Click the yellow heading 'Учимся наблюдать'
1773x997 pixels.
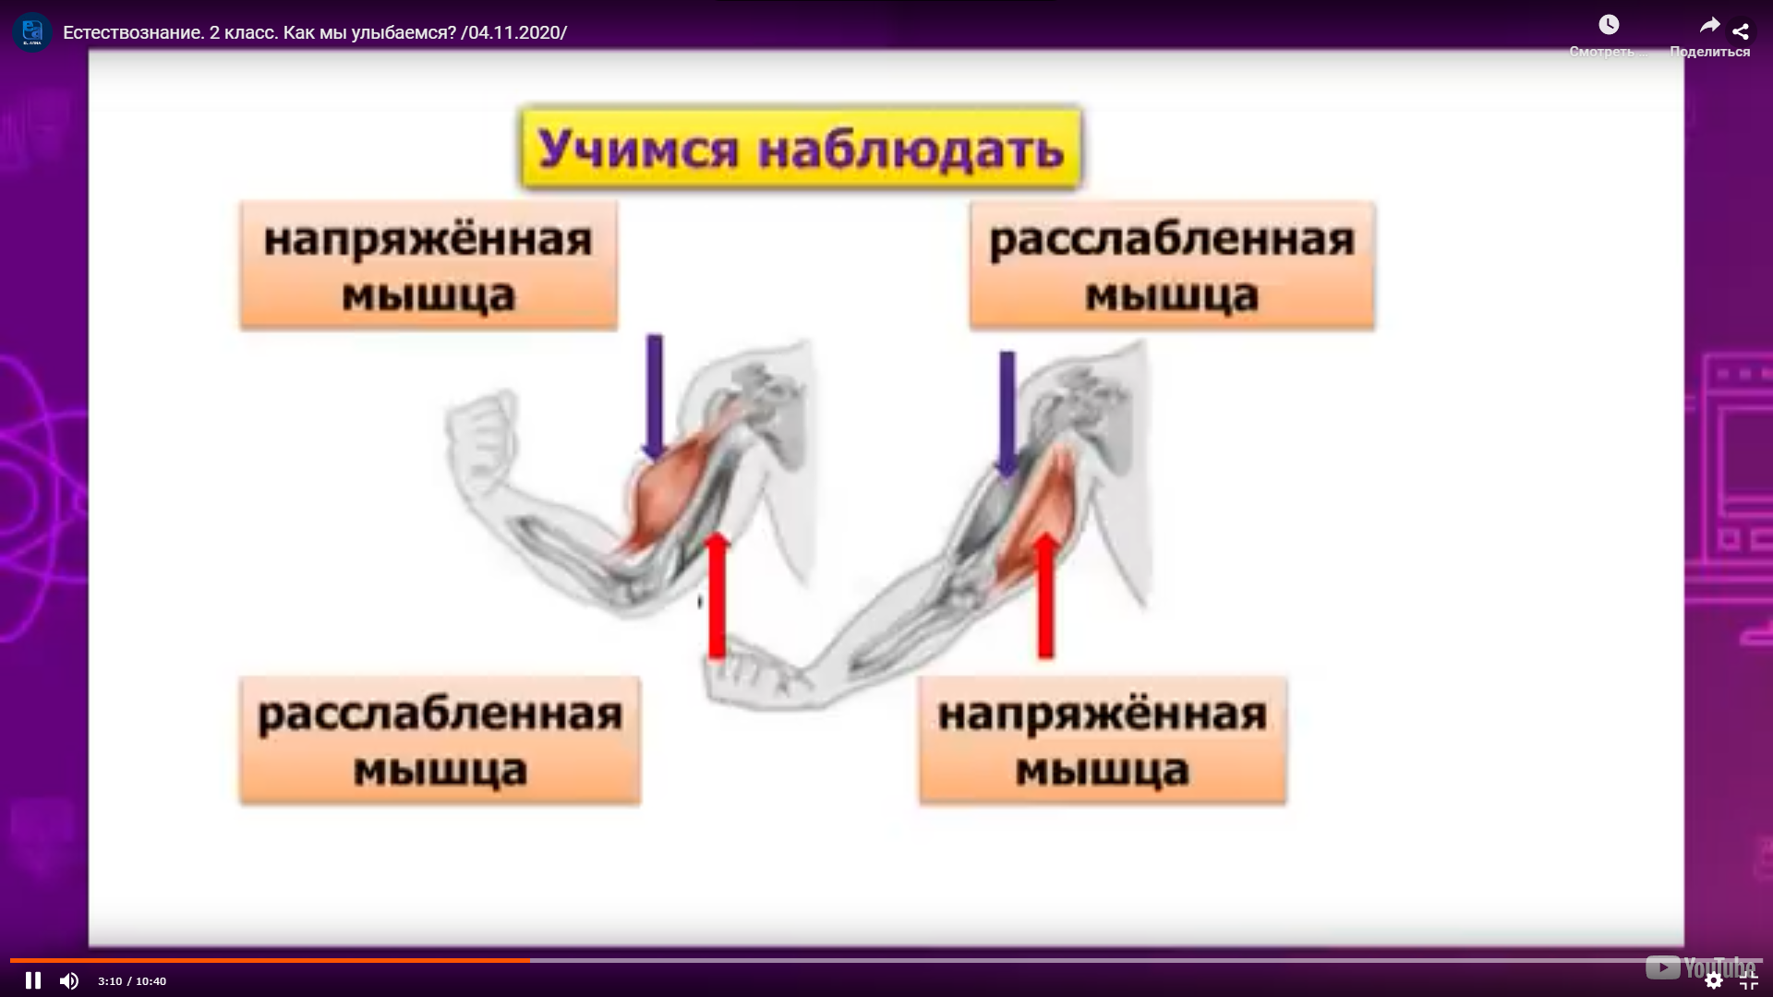801,148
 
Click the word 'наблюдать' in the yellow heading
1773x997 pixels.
911,149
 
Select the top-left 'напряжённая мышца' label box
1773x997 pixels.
428,266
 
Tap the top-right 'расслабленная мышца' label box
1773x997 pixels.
1172,266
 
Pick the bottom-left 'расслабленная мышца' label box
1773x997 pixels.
440,740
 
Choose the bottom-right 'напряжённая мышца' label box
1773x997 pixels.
1103,740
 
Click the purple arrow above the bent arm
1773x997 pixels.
654,397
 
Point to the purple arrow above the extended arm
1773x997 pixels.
1007,414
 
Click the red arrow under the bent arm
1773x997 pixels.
717,595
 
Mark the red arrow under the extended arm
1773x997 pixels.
1045,595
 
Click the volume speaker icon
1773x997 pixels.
69,980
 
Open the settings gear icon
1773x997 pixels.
1714,980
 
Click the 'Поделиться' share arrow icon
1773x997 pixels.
1709,26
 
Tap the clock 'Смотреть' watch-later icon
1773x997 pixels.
1609,25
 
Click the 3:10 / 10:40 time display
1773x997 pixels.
132,981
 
